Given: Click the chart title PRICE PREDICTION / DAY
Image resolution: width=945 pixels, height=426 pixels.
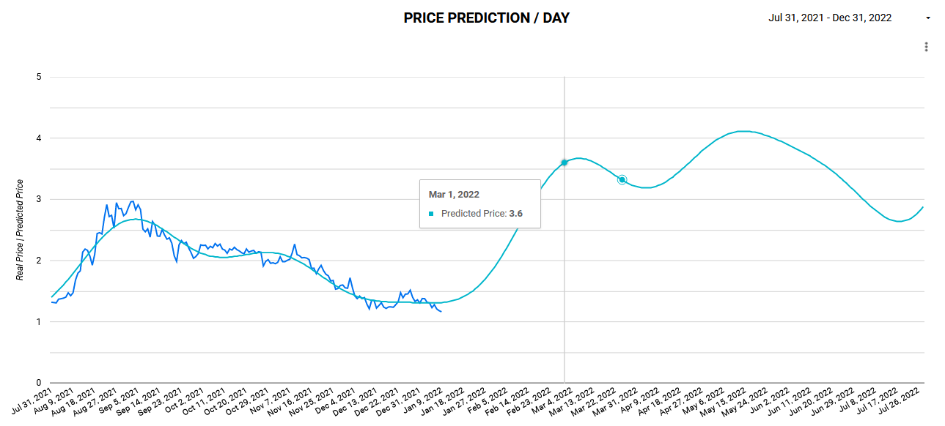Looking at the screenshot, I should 486,18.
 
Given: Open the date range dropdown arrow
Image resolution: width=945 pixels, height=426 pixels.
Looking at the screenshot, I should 928,18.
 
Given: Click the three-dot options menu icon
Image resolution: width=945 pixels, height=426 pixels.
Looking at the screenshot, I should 927,47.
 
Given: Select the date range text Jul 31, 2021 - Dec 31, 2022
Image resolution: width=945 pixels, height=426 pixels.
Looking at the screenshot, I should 830,18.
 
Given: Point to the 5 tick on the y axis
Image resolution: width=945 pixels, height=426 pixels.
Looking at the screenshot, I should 38,77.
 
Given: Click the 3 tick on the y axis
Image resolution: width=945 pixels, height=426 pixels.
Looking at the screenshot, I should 38,199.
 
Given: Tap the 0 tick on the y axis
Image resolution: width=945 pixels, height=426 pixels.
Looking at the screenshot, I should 38,382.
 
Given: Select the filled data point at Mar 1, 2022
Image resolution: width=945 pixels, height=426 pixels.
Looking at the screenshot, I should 564,162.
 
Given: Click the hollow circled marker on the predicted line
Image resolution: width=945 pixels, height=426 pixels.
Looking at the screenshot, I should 622,179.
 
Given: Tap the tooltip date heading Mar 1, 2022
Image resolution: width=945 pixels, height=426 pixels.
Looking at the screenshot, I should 453,195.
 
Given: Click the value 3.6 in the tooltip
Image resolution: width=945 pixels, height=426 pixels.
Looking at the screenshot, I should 515,214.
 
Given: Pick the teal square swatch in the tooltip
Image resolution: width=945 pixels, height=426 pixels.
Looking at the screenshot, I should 432,214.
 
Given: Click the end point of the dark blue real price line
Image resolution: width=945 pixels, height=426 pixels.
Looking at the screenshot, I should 441,312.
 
